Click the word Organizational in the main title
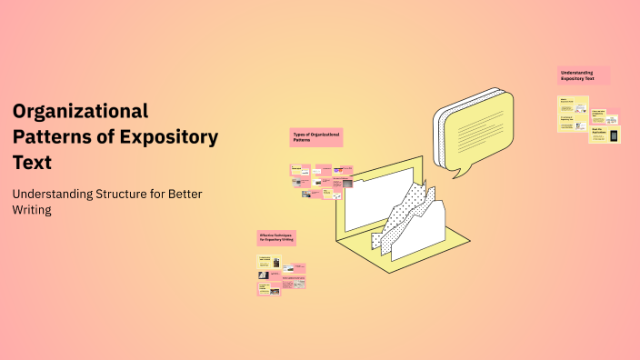click(80, 112)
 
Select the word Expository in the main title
click(170, 137)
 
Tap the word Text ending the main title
click(33, 163)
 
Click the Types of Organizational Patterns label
click(315, 136)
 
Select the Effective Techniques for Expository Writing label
click(276, 237)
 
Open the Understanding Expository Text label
click(583, 75)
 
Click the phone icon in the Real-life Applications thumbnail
click(614, 135)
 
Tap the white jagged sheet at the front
click(418, 236)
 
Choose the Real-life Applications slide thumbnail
click(605, 135)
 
